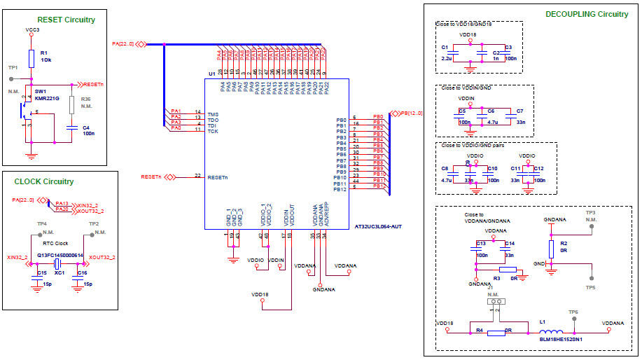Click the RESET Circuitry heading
click(x=65, y=20)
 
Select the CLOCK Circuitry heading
click(x=43, y=181)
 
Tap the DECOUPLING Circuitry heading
click(x=587, y=14)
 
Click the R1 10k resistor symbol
click(x=31, y=57)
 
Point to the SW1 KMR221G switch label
click(x=47, y=95)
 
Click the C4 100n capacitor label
click(x=88, y=130)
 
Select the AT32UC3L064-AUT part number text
click(x=378, y=228)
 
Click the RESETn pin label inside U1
click(x=218, y=177)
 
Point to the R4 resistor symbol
click(x=496, y=333)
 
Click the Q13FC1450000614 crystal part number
click(x=60, y=255)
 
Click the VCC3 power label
click(x=32, y=30)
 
